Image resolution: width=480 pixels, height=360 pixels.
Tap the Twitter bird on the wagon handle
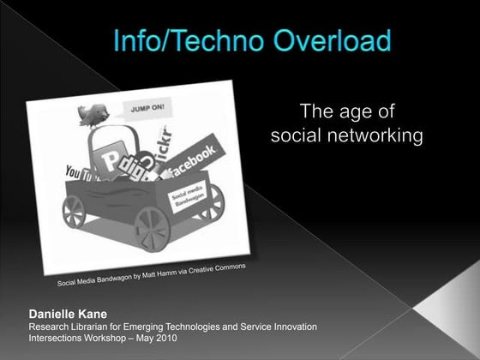93,114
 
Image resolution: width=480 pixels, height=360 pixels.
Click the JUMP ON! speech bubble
147,110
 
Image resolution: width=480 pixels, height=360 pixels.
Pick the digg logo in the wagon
137,170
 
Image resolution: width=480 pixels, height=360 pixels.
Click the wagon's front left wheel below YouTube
75,211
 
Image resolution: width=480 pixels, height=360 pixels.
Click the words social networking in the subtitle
346,136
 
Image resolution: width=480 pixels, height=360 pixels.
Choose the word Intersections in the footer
59,339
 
